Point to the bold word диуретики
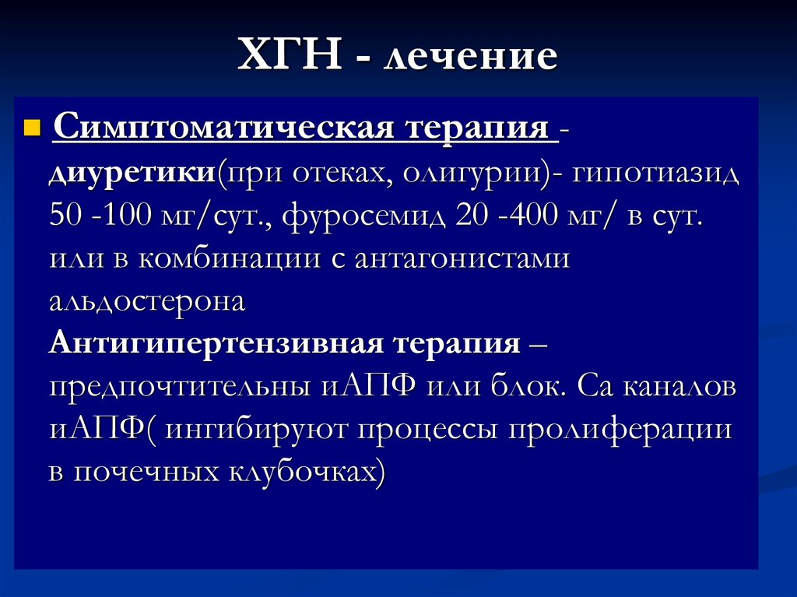click(x=132, y=172)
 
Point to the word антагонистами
click(x=462, y=258)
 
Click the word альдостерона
click(x=146, y=300)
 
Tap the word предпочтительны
click(x=180, y=387)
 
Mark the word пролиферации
click(x=623, y=429)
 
